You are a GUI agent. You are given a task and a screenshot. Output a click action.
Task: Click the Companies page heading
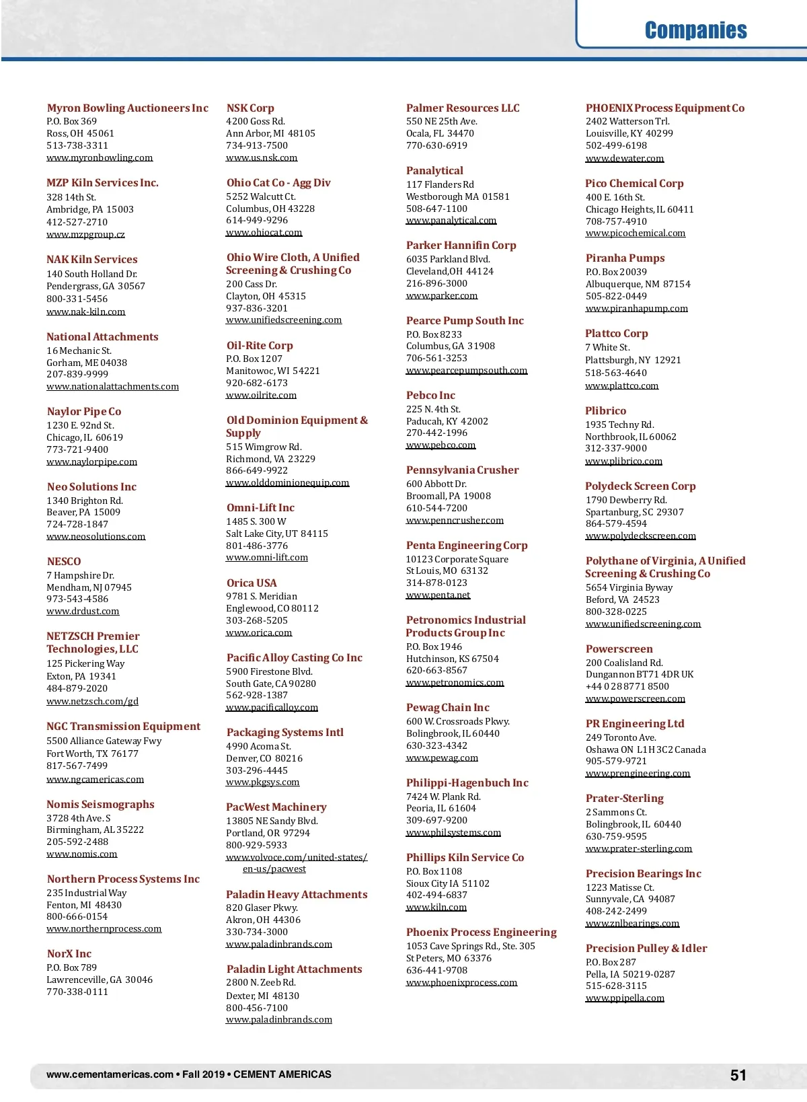tap(695, 30)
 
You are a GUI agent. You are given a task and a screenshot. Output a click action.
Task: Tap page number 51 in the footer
tap(738, 1075)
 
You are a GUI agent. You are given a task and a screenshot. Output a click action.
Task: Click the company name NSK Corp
tap(250, 108)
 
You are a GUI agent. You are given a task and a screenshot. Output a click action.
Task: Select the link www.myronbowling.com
tap(100, 157)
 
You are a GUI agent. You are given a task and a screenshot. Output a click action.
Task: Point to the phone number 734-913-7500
tap(257, 145)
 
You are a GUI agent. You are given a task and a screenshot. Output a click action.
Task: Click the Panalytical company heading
tap(434, 171)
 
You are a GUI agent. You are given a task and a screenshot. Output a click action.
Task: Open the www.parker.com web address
tap(442, 295)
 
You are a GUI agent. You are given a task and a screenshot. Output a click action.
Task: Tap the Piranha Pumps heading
tap(625, 258)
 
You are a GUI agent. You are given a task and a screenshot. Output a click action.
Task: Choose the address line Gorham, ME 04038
tap(87, 363)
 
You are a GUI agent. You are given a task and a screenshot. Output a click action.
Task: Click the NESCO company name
tap(64, 561)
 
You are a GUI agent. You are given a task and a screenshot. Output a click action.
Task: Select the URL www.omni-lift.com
tap(267, 558)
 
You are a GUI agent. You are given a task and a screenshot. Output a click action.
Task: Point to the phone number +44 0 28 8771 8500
tap(627, 686)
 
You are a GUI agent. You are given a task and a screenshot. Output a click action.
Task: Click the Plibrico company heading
tap(605, 410)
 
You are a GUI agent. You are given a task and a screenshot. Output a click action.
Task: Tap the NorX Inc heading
tap(69, 953)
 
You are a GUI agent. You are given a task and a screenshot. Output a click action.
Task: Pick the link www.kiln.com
tap(436, 907)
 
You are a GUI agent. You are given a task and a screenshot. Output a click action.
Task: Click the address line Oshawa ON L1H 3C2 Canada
tap(646, 749)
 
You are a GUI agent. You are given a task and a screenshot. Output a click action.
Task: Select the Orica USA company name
tap(252, 583)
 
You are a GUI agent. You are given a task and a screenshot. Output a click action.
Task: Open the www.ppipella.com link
tap(625, 998)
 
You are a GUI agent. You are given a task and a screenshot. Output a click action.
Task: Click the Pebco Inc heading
tap(430, 396)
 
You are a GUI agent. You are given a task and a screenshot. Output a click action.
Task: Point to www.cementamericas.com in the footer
tap(110, 1074)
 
